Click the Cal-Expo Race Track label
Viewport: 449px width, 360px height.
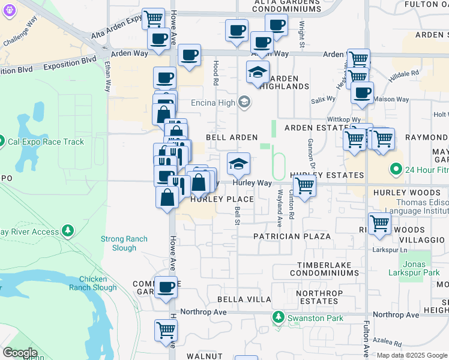tap(45, 142)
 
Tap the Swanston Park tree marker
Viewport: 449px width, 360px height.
tap(278, 316)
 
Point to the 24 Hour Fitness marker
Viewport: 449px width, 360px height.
tap(395, 169)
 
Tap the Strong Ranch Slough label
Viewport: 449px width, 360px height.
tap(124, 243)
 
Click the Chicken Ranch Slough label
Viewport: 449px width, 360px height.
tap(93, 283)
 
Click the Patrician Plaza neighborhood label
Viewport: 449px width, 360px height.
tap(292, 236)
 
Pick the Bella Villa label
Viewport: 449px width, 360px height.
tap(244, 299)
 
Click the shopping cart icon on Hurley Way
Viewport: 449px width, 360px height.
tap(305, 187)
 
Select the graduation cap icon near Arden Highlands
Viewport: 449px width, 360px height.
tap(258, 73)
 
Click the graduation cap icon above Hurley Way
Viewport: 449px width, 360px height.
tap(238, 163)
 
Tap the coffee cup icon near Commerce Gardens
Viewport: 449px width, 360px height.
tap(166, 287)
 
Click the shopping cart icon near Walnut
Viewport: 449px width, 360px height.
tap(166, 329)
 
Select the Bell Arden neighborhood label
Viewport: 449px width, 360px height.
tap(232, 137)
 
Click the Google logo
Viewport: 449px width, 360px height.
tap(20, 353)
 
